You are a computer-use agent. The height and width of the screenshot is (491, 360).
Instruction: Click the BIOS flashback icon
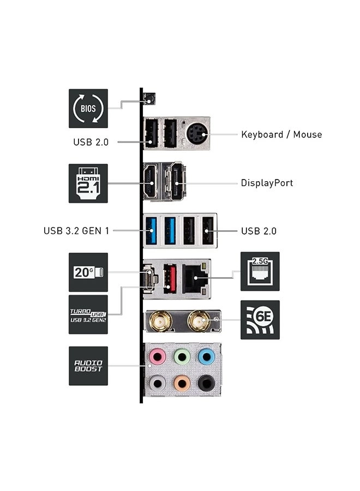point(88,109)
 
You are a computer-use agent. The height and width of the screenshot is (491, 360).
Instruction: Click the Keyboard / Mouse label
point(281,134)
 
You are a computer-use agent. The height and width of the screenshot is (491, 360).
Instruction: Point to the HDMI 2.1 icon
point(88,183)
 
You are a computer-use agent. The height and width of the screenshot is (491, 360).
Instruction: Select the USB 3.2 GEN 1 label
point(76,231)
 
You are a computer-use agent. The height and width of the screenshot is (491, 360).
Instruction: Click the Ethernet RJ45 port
point(195,278)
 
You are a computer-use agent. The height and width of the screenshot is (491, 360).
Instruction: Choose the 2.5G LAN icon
point(260,272)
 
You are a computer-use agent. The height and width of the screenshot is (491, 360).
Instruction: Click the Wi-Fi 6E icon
point(260,320)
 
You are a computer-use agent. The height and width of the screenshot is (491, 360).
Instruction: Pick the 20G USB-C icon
point(88,272)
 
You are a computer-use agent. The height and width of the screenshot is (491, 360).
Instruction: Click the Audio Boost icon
point(88,366)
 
